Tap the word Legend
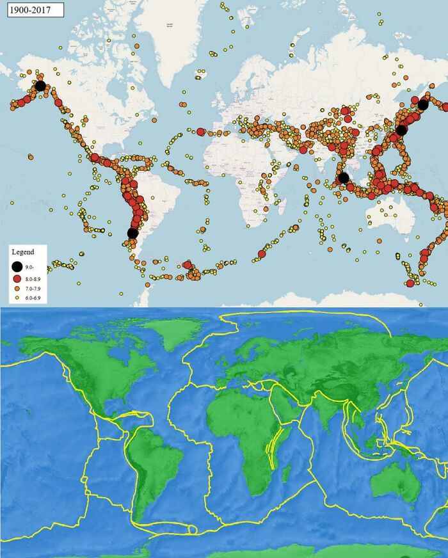click(24, 251)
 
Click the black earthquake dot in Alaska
click(40, 85)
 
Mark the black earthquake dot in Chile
click(132, 233)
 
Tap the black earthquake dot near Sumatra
click(344, 177)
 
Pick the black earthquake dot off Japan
click(401, 130)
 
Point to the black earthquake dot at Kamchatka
click(423, 104)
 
